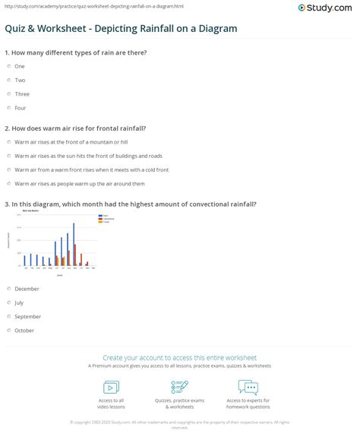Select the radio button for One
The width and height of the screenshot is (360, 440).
tap(8, 66)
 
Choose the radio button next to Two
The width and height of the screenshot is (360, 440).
tap(8, 80)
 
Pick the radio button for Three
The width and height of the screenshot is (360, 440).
tap(8, 94)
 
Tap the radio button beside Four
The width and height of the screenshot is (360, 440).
tap(8, 108)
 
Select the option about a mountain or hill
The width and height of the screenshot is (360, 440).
tap(8, 141)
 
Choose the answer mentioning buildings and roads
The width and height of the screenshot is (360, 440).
tap(8, 155)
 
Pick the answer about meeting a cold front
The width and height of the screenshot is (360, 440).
tap(8, 169)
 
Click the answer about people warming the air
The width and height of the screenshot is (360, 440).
tap(8, 183)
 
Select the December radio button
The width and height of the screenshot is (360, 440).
tap(8, 289)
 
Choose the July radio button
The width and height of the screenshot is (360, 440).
tap(8, 302)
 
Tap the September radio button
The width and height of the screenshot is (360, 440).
tap(8, 316)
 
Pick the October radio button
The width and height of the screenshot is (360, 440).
tap(8, 331)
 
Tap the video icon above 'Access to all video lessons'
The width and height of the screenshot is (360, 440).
tap(112, 387)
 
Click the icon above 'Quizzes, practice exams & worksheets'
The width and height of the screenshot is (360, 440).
tap(179, 387)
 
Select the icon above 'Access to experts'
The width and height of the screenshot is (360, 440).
tap(248, 387)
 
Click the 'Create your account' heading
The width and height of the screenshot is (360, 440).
tap(179, 357)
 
